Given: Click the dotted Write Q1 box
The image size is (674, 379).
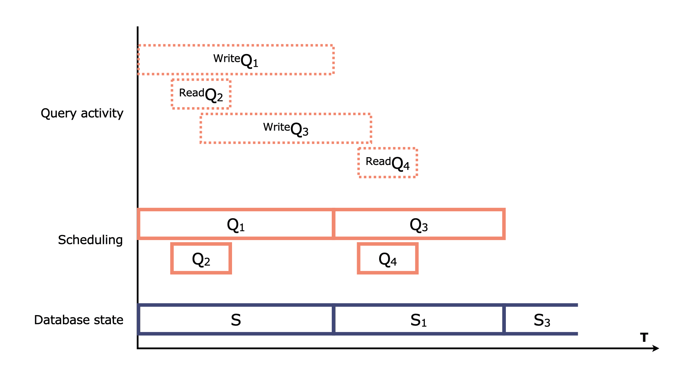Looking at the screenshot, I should point(236,60).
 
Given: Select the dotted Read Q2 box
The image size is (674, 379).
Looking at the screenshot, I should point(201,94).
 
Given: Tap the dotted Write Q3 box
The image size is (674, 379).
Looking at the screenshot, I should point(286,128).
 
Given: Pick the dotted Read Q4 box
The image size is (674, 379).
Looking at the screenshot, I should point(388,163).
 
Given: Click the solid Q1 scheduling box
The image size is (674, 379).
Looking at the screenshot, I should point(236,224).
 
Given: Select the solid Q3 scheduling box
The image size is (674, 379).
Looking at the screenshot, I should point(419,224).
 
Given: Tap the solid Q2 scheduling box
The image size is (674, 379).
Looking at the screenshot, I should point(201,259).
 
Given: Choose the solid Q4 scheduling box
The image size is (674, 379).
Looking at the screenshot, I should point(388,259).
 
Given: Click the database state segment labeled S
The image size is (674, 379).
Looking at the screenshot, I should point(236,320).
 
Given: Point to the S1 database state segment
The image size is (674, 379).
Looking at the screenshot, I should point(418,320).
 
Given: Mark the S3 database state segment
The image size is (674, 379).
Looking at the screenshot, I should point(542,320).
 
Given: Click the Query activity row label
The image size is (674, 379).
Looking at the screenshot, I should point(82,113).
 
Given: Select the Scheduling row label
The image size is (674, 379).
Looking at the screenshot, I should point(90,240).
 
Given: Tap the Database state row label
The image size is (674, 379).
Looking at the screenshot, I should point(79,320).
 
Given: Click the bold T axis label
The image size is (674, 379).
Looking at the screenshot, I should point(644,338).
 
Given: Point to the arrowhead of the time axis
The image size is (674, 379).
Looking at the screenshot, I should point(656,348).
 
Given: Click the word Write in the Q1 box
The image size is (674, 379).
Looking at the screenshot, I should point(226,58).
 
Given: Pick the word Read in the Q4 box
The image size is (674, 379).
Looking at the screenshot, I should point(378,161).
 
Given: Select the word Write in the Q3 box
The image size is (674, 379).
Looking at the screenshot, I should point(276,127).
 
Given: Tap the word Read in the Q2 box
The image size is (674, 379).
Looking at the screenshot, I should point(191,93).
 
